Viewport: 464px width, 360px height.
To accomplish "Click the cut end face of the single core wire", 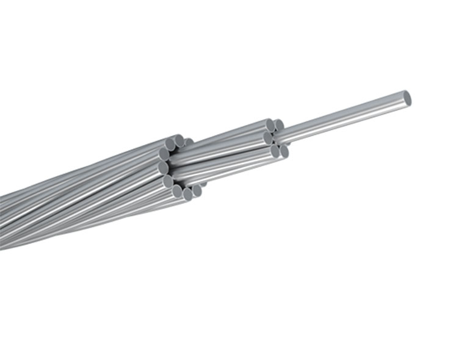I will (407, 98).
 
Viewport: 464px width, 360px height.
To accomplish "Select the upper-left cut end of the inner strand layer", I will (270, 126).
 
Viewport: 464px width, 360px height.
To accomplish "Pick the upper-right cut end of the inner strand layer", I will (279, 125).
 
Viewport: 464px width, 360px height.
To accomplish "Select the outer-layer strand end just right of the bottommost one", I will (196, 190).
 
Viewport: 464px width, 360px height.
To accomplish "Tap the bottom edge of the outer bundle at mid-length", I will (92, 226).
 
